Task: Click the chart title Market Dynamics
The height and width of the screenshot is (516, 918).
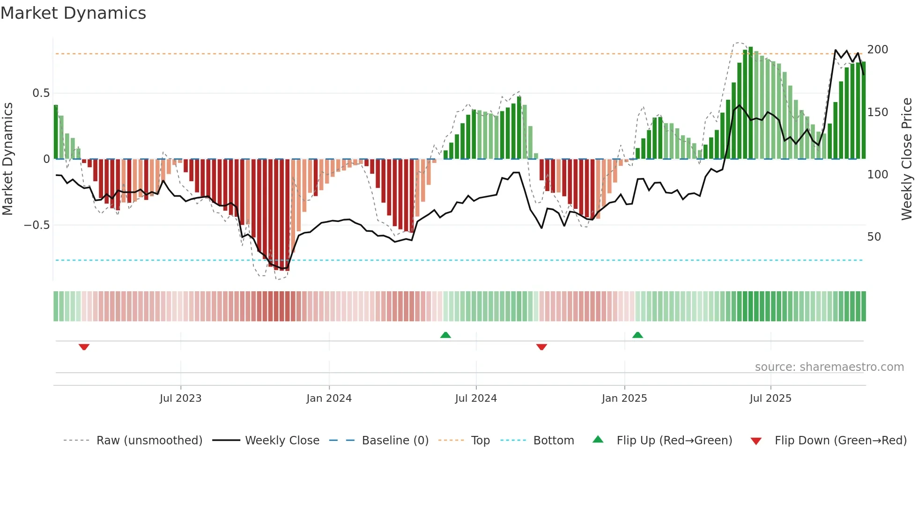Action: (x=74, y=13)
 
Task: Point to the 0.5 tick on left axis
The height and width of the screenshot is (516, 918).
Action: (x=41, y=93)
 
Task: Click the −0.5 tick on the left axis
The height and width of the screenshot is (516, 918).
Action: (x=37, y=225)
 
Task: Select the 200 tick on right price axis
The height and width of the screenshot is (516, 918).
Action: (x=877, y=50)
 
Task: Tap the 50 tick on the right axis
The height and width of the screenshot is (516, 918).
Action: (x=874, y=237)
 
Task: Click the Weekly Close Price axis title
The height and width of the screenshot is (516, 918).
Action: (x=907, y=159)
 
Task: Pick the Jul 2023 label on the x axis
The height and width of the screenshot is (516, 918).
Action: (x=180, y=398)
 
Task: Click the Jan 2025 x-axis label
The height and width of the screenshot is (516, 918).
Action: (x=624, y=398)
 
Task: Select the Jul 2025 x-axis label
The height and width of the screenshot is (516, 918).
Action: (x=770, y=398)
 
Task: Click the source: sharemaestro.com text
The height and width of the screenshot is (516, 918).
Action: (x=829, y=367)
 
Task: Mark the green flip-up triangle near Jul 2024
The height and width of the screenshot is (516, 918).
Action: (x=445, y=335)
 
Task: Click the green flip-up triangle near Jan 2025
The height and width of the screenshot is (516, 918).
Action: (x=637, y=335)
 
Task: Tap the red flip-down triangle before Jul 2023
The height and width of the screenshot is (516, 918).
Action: (x=84, y=347)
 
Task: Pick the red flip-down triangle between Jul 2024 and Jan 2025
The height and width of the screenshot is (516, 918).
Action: (x=541, y=347)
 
